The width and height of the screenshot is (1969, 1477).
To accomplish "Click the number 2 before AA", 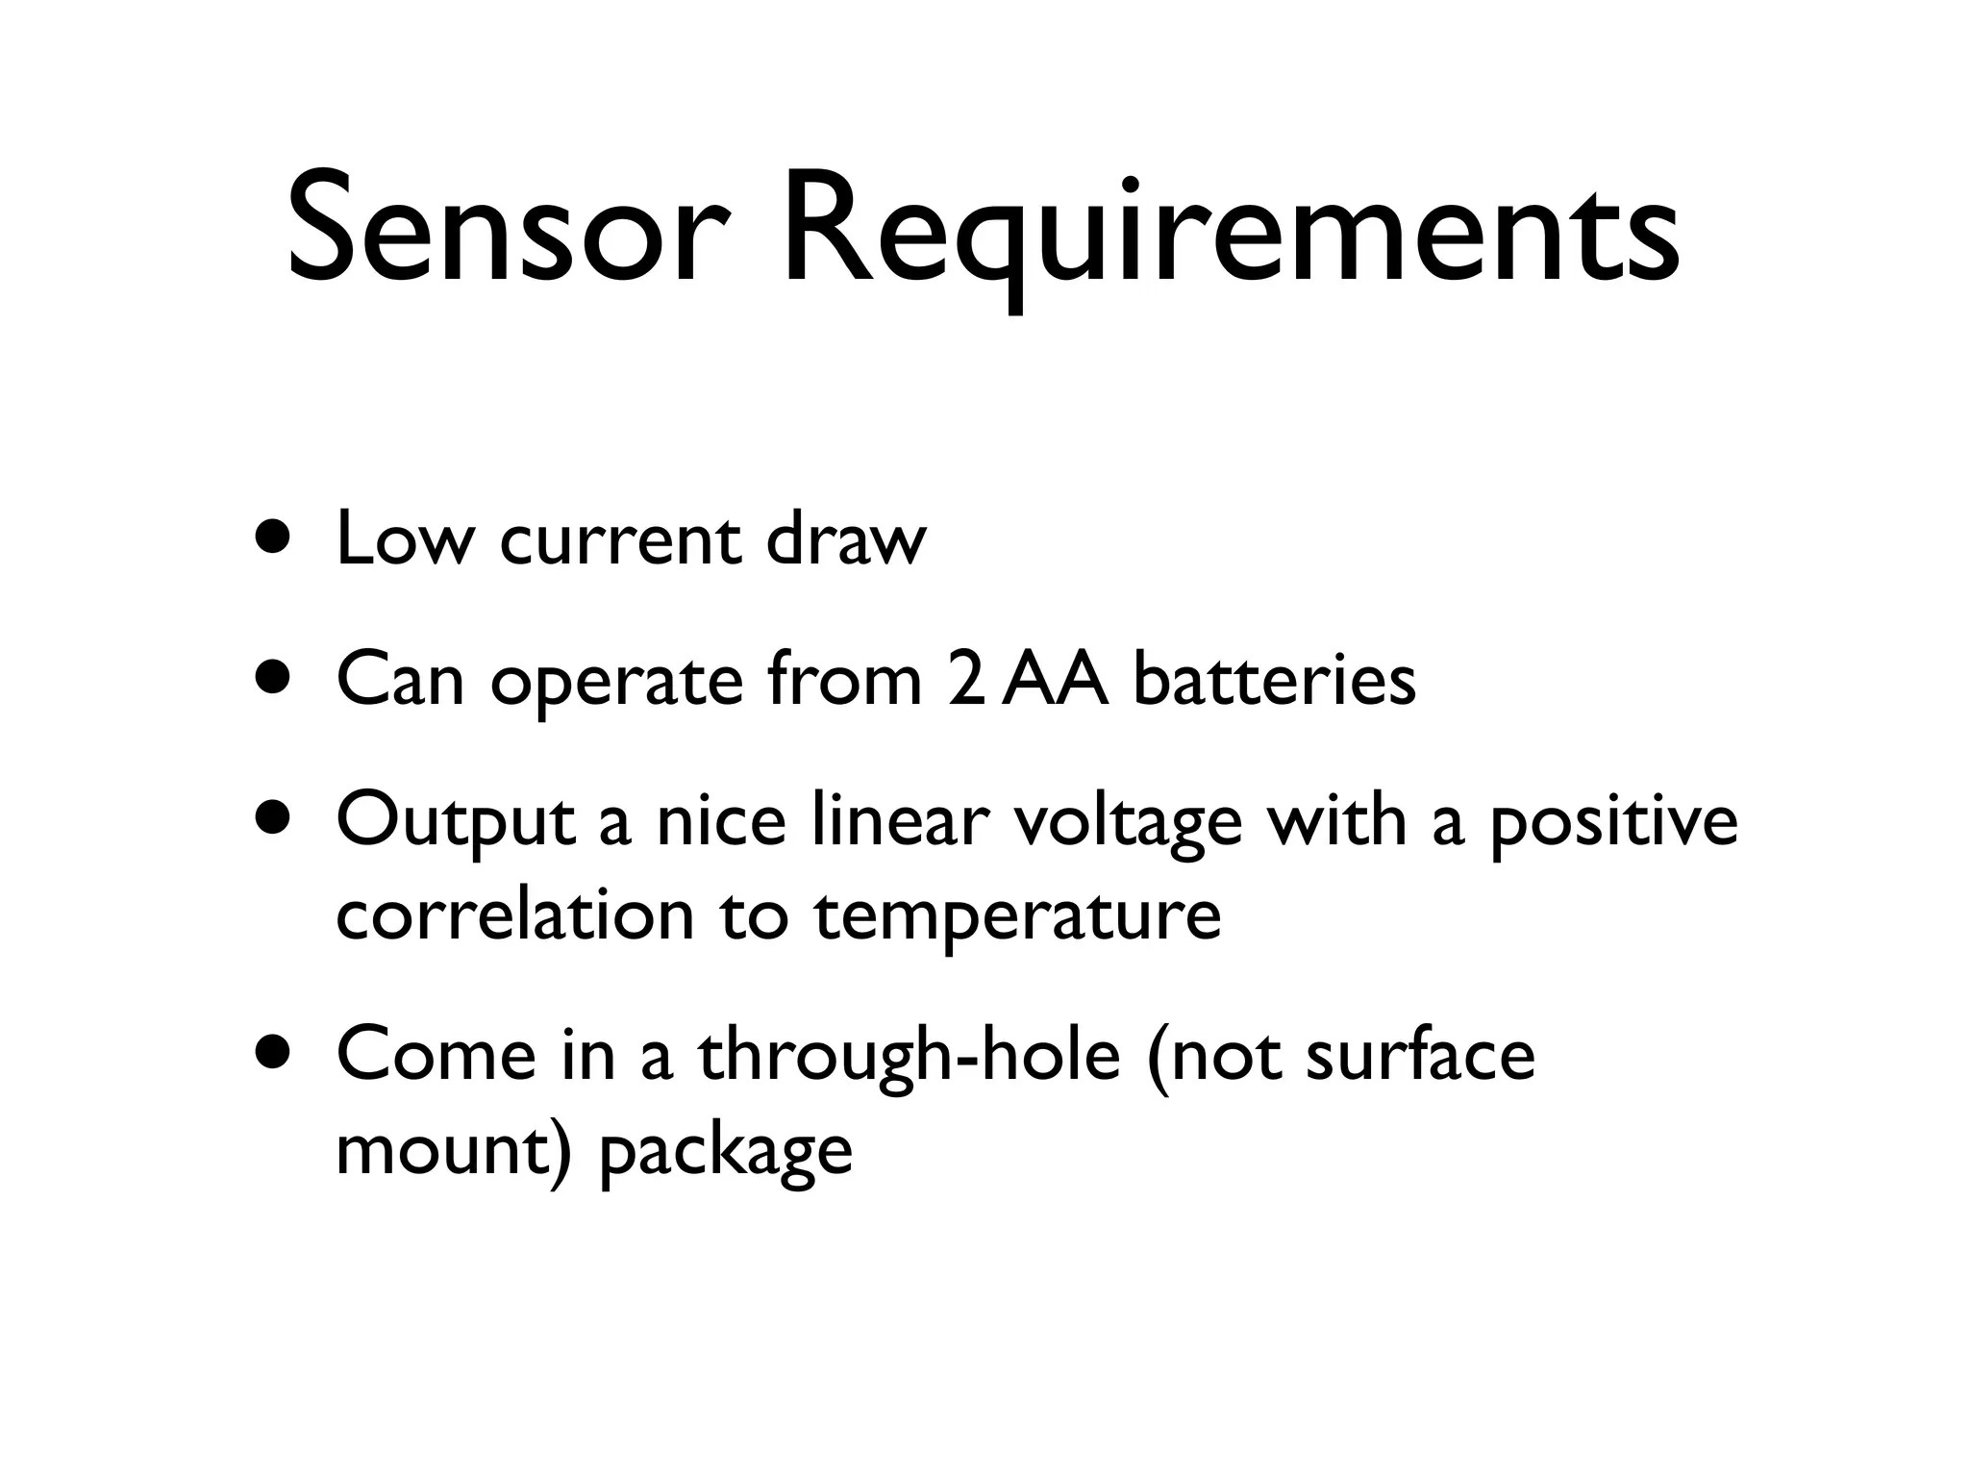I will pos(964,679).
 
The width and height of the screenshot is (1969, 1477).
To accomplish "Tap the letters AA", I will pos(1055,679).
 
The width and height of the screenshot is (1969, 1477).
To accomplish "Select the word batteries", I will pos(1275,679).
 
